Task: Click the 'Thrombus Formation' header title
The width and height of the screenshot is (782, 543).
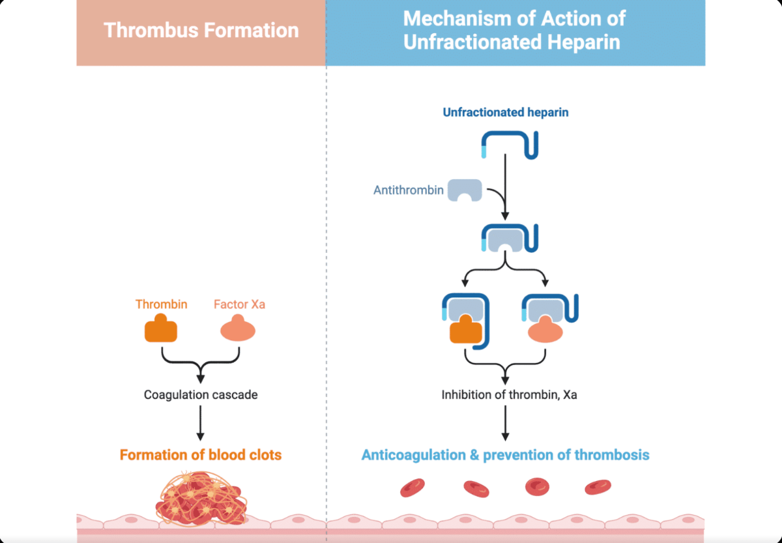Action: [201, 31]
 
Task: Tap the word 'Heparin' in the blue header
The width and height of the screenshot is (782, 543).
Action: [583, 42]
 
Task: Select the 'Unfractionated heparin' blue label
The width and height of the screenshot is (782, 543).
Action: [506, 112]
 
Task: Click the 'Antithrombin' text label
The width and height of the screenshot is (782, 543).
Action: [409, 190]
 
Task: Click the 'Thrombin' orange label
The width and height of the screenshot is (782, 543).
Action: [162, 304]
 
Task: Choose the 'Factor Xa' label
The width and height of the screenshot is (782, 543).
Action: [240, 304]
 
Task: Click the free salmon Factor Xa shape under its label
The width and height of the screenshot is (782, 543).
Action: [238, 329]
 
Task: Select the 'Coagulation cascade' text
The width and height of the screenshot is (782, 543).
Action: [201, 394]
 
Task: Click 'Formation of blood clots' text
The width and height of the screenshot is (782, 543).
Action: [201, 454]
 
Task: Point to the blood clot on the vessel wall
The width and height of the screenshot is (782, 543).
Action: [201, 499]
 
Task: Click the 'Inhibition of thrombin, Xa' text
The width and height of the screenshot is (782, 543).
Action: [509, 394]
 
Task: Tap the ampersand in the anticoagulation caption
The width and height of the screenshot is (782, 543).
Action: [474, 454]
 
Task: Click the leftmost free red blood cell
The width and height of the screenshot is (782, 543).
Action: [413, 488]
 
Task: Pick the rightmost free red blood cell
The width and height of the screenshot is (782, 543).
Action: [598, 487]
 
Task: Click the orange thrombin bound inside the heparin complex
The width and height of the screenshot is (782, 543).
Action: [466, 330]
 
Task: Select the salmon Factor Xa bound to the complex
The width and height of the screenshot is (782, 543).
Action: [545, 330]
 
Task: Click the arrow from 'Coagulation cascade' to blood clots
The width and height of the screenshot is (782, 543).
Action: [201, 423]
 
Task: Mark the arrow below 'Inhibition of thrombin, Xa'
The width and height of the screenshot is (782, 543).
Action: [505, 423]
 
